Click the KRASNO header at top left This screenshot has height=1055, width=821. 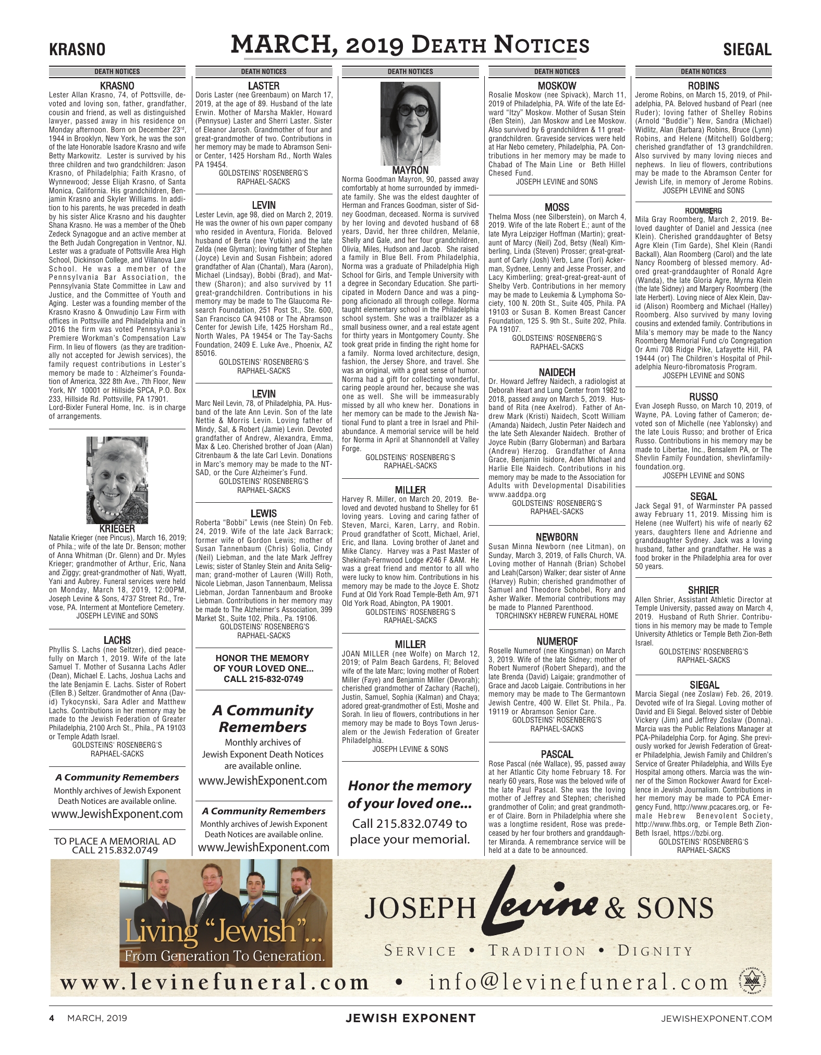pos(77,50)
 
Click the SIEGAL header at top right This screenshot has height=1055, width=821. pos(747,50)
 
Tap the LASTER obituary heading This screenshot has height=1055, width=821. pos(263,86)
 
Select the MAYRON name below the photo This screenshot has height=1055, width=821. pos(411,170)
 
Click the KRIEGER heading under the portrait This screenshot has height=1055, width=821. pos(117,529)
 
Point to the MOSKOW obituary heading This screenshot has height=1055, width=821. pos(557,86)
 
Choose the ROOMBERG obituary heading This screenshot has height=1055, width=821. pos(703,210)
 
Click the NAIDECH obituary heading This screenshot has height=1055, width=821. pos(557,373)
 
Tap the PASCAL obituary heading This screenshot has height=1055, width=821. pos(557,754)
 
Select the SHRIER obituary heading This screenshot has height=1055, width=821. pos(703,590)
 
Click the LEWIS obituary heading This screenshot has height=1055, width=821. pos(263,514)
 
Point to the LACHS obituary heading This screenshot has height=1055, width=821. pos(117,640)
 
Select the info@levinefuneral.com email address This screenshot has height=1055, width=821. pos(578,983)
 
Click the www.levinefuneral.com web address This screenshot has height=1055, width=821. pos(215,983)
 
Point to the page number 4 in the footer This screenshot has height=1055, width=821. pos(52,1017)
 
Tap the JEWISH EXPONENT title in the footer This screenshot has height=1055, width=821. pos(410,1017)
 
